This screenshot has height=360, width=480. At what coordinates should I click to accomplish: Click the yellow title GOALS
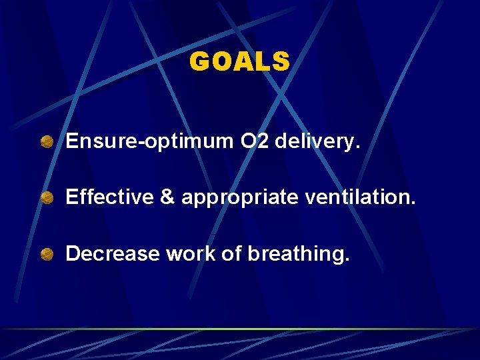[239, 62]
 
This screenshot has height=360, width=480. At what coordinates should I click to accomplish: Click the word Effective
[109, 197]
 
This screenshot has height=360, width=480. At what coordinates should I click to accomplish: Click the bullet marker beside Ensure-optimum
[47, 141]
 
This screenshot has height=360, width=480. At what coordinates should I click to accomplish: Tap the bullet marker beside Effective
[47, 198]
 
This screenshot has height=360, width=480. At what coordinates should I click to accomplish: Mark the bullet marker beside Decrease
[47, 254]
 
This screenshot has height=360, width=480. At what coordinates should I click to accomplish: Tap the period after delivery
[357, 147]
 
